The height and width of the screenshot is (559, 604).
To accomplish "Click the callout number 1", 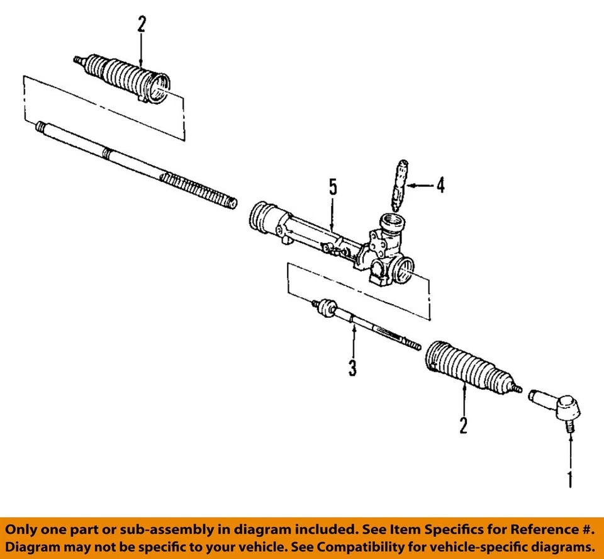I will click(569, 480).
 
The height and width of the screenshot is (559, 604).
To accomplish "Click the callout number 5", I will click(333, 187).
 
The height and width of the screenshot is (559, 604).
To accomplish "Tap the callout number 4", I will click(440, 186).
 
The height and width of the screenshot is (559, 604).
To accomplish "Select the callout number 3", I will click(353, 367).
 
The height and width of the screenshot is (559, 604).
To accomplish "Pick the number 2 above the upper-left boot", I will click(141, 25).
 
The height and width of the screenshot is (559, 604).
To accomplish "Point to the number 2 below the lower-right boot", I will click(464, 426).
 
